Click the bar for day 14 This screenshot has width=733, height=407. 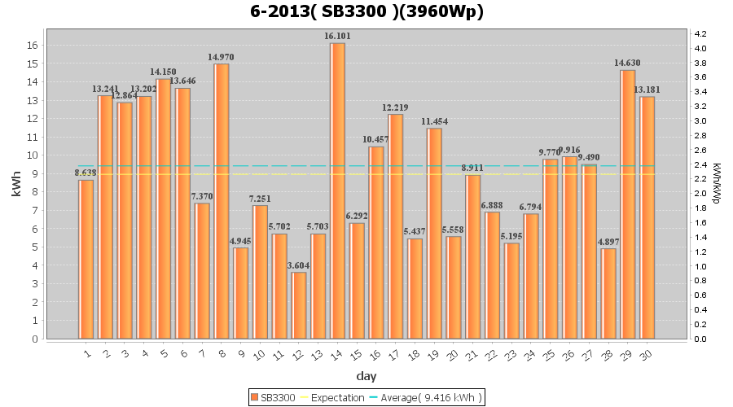337,191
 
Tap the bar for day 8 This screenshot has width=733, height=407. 222,201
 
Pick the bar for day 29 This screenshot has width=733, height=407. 628,204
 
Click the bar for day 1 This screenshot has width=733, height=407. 86,259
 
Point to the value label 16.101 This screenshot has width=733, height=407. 337,36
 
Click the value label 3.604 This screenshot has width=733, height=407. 299,265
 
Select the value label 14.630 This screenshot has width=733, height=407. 628,63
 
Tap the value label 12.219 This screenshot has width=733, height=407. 396,107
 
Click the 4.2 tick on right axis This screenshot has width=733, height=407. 700,34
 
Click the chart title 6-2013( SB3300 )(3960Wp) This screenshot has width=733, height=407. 366,11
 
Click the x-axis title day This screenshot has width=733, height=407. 366,376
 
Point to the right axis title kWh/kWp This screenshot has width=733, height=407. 716,184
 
